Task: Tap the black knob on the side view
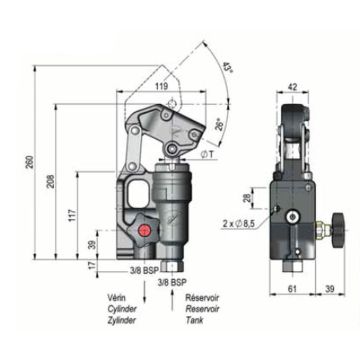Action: (337, 227)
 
